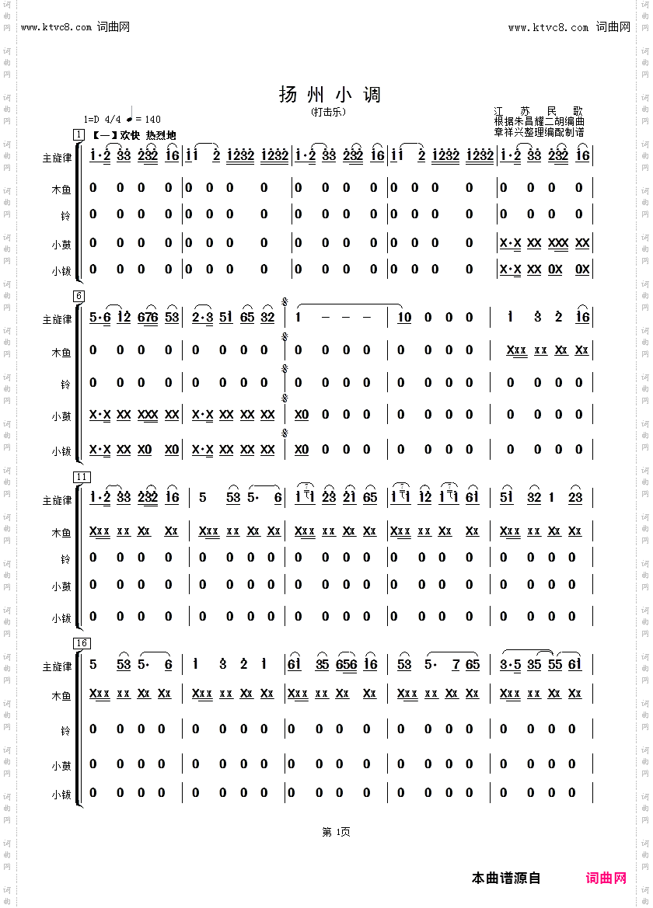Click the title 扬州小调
330,95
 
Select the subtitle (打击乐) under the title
329,112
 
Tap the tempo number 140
152,120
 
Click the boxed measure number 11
82,477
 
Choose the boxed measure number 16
82,642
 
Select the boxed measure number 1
79,135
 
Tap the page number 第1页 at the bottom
336,832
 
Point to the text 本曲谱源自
506,878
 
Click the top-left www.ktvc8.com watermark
75,27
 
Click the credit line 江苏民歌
538,111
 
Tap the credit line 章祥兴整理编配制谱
539,132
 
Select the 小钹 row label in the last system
61,795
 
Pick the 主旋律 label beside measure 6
57,319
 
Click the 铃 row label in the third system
66,558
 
